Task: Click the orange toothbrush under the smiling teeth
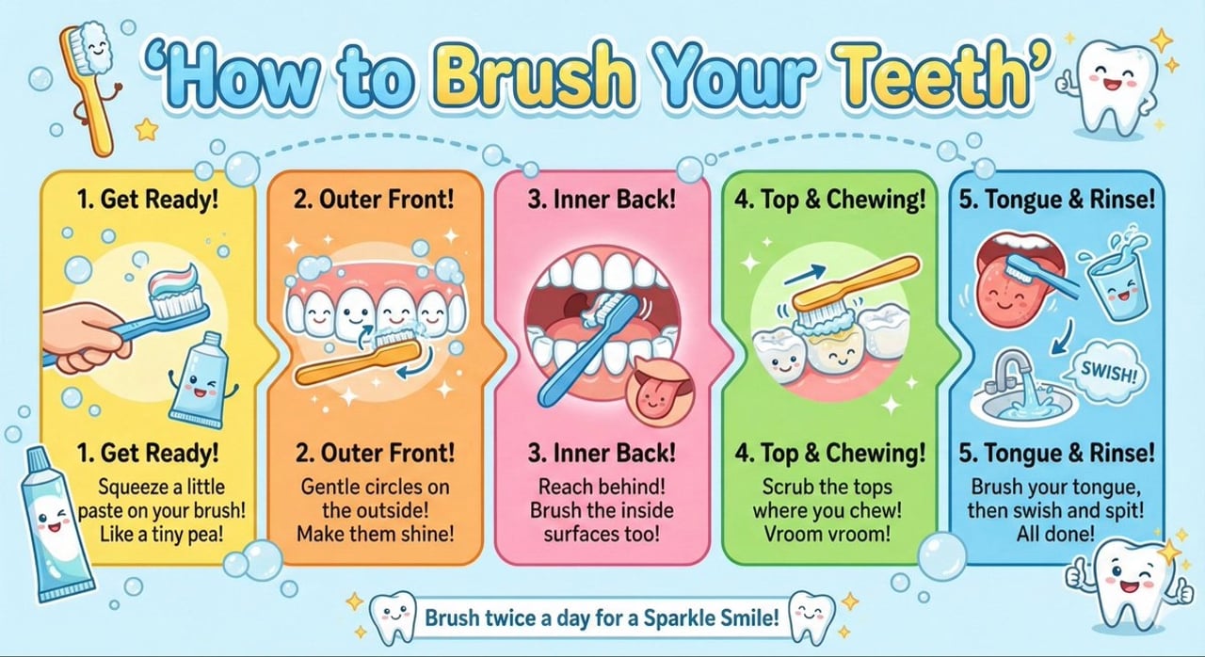coord(358,362)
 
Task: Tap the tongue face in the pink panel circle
coord(658,388)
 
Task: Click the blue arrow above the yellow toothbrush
coord(806,274)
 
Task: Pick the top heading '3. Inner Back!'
coord(602,200)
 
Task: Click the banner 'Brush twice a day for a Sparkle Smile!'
coord(602,618)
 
